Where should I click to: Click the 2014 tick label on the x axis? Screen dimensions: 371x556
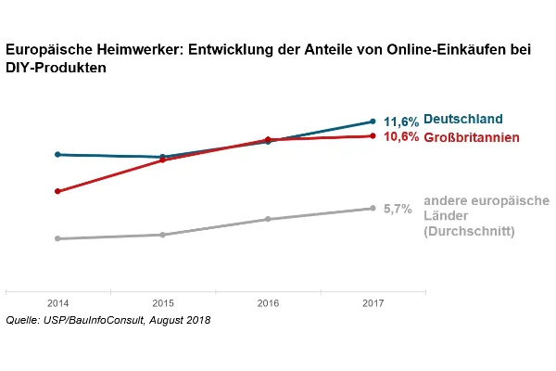point(57,303)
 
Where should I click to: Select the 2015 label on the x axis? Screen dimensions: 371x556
point(162,303)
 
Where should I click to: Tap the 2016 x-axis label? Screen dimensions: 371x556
point(268,303)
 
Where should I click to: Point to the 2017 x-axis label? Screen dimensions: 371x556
point(373,303)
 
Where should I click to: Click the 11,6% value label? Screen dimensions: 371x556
point(401,122)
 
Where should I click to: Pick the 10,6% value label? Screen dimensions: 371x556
point(401,137)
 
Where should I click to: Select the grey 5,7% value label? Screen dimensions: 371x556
point(398,210)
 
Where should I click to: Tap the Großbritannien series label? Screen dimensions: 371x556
point(471,137)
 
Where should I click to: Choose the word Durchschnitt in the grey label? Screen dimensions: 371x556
point(469,231)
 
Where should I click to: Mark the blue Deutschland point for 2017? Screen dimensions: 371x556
point(373,122)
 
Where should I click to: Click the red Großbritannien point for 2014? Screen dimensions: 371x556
point(57,191)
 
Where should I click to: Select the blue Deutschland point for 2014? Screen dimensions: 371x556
point(57,155)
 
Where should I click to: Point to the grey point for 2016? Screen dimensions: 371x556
point(268,219)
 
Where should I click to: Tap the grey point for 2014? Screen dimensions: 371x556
point(57,238)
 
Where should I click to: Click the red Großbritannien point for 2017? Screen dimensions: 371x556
point(373,136)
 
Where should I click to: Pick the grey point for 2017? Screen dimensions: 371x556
point(373,209)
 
